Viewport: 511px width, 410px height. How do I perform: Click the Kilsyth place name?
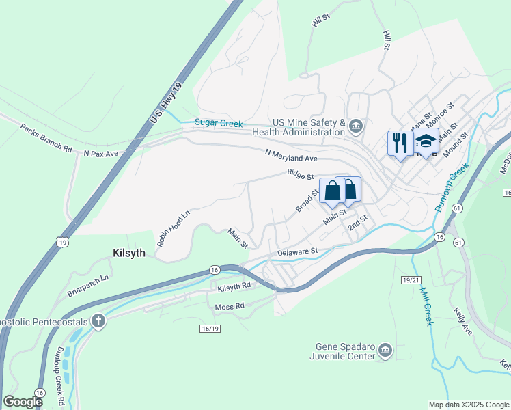click(x=128, y=252)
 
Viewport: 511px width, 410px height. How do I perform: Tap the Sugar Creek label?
click(x=219, y=122)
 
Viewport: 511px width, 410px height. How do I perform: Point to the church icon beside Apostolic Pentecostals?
click(x=98, y=320)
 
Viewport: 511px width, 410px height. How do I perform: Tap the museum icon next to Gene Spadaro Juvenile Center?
click(x=385, y=351)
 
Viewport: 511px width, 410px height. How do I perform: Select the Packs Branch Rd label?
click(x=46, y=137)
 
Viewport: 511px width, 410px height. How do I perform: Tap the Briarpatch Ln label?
click(x=88, y=288)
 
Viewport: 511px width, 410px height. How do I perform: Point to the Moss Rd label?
click(x=230, y=307)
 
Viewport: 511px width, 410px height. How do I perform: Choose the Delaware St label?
click(x=298, y=252)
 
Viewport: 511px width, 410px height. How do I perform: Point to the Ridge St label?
click(x=300, y=175)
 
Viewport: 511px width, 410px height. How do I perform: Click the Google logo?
click(x=23, y=401)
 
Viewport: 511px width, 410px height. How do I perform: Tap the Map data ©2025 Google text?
click(x=469, y=405)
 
